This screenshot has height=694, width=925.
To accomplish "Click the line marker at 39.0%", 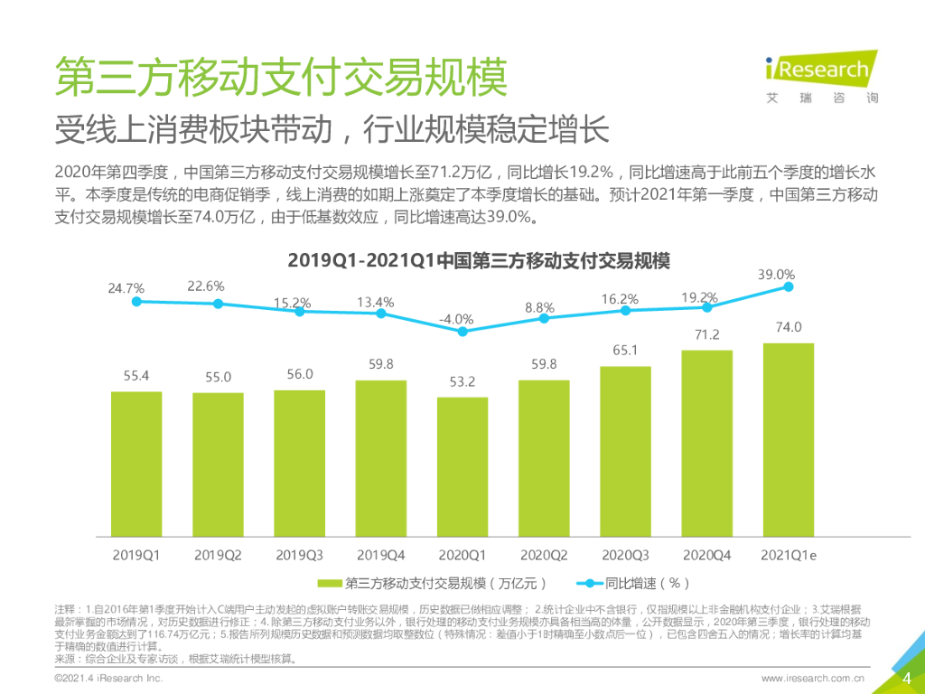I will pos(789,286).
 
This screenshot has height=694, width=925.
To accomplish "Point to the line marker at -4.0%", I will pos(462,332).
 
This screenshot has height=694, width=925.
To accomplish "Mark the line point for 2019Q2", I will pos(218,304).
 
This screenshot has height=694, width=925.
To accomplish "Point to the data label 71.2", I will pos(706,335).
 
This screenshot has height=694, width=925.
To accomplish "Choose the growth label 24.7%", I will pos(126,288).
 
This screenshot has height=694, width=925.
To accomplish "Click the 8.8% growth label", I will pos(539,308).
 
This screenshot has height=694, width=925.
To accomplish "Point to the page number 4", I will pos(906,679).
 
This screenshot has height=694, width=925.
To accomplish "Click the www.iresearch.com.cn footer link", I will pos(813,678).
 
